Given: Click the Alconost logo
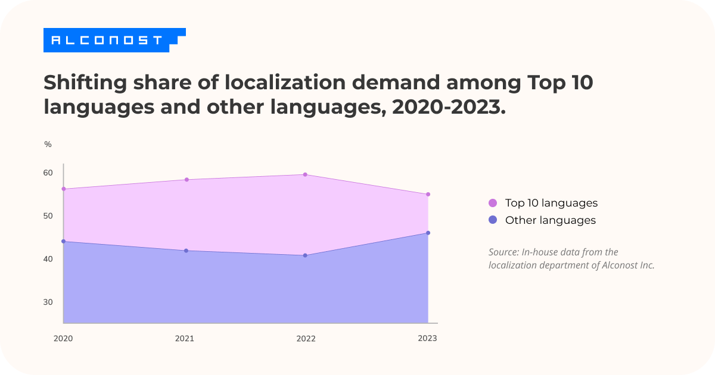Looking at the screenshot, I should point(107,40).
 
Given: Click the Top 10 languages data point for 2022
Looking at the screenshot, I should point(305,174).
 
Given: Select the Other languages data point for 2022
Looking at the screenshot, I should point(305,255).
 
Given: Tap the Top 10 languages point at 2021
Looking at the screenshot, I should point(186,180).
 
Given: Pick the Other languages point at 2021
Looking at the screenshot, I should point(186,251).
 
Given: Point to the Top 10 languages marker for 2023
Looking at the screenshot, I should point(428,195).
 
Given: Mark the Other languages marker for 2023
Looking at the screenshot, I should point(428,233).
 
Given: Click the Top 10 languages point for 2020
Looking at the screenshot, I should point(64,189).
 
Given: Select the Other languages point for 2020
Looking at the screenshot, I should point(64,241).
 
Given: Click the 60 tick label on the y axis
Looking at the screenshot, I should point(48,173).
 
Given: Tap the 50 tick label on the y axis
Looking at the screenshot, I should point(48,216).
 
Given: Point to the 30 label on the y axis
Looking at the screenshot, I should point(48,302).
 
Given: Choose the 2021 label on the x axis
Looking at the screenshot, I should point(184,339).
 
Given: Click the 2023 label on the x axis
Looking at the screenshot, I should point(427,338).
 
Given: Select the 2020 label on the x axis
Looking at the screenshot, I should point(63,339).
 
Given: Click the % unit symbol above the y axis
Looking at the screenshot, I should point(48,145).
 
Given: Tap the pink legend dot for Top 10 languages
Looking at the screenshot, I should point(493,203).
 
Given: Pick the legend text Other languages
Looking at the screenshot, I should point(550,220).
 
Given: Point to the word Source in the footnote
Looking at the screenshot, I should point(502,252).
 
